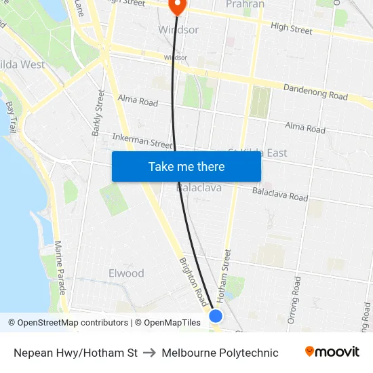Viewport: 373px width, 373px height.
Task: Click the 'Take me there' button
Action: click(x=186, y=166)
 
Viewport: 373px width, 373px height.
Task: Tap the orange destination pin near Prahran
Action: click(x=177, y=6)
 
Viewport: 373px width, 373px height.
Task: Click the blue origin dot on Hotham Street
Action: click(x=216, y=315)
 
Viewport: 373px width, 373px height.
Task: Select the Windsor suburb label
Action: click(x=178, y=30)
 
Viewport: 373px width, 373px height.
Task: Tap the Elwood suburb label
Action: click(x=126, y=273)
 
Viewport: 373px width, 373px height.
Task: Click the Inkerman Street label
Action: click(x=142, y=141)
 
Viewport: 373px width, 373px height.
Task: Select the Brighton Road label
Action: click(x=194, y=281)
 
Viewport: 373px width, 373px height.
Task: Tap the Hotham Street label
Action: click(x=227, y=275)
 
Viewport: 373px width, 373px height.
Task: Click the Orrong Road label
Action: click(x=293, y=300)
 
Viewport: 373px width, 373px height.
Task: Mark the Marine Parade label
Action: click(x=59, y=268)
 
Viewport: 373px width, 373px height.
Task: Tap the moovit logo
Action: click(x=332, y=352)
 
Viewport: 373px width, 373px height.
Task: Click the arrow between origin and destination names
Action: click(x=149, y=353)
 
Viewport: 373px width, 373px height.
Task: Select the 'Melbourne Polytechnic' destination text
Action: click(x=220, y=353)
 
